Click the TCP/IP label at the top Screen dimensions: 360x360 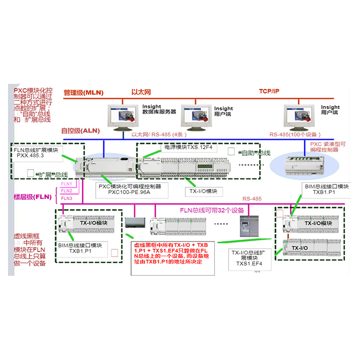[269, 91]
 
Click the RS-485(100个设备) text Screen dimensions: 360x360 [295, 135]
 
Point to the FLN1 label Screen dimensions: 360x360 [67, 184]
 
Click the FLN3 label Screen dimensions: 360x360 [67, 198]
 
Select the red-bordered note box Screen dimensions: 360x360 [171, 255]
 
